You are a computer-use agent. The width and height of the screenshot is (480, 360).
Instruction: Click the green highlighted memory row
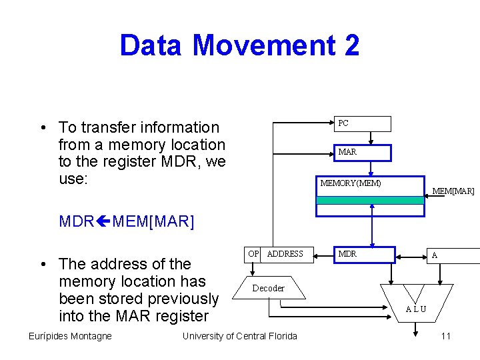click(369, 200)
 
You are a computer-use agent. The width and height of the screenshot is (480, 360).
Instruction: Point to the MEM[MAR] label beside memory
click(453, 191)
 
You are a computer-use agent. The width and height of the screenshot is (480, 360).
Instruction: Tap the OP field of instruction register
click(253, 254)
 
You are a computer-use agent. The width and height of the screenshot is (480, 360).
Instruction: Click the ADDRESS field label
click(285, 254)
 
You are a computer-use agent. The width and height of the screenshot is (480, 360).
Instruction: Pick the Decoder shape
click(268, 288)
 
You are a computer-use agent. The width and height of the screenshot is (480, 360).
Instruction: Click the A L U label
click(417, 309)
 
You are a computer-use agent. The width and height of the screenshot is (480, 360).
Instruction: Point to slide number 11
click(445, 336)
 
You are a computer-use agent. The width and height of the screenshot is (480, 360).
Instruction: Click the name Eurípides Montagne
click(70, 336)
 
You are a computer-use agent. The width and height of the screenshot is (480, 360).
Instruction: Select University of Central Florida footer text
click(239, 336)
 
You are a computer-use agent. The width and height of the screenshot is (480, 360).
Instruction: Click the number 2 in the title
click(351, 45)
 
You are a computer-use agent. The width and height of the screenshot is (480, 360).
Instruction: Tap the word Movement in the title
click(264, 45)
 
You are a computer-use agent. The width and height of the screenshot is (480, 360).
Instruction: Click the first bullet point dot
click(42, 127)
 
